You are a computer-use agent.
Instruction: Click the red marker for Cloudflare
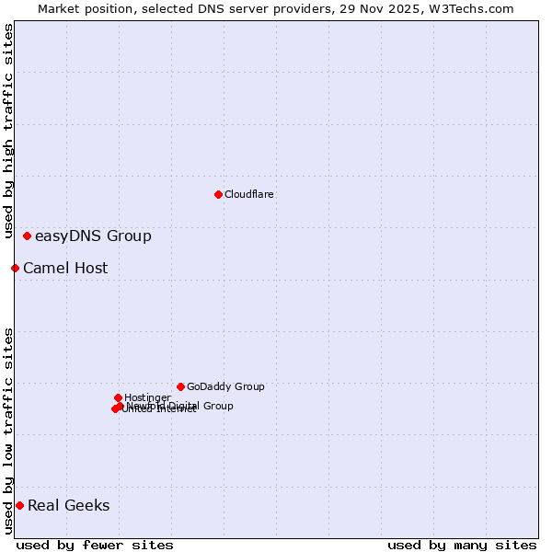218,194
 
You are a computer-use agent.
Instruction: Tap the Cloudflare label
248,194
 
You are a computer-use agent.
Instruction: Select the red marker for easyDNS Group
27,236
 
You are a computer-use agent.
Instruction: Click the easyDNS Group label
93,236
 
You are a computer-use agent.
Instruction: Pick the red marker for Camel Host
15,268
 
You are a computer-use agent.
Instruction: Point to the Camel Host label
65,269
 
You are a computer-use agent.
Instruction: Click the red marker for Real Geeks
19,505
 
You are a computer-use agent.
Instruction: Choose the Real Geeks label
68,505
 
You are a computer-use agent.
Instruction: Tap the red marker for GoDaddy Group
180,386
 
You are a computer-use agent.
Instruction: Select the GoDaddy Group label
225,386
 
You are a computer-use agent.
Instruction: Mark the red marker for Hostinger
118,397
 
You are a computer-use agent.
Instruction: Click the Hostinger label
147,397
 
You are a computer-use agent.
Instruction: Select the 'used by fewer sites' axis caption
95,545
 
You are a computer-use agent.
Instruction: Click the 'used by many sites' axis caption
462,545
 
